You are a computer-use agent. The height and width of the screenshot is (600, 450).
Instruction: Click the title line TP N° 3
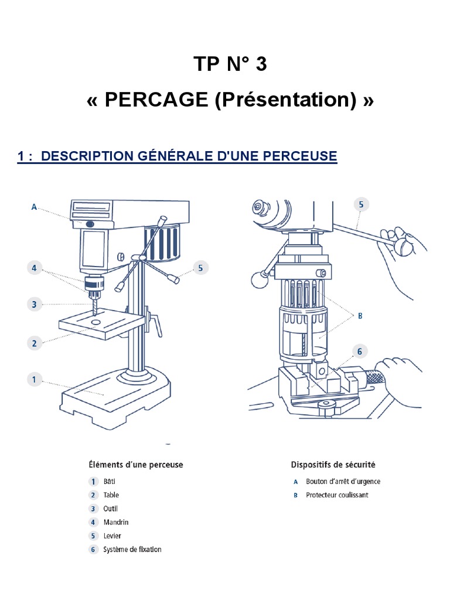[x=230, y=64]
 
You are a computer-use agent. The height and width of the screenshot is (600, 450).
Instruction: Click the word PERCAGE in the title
[x=156, y=100]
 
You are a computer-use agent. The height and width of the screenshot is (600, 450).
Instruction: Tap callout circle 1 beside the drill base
[x=35, y=380]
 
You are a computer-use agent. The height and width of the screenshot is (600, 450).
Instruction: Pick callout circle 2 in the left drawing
[x=35, y=343]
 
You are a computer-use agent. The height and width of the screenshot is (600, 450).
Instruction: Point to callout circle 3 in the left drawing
[x=35, y=304]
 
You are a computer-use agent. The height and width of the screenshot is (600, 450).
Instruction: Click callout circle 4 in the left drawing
[x=35, y=268]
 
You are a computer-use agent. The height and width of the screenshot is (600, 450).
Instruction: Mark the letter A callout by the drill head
[x=34, y=207]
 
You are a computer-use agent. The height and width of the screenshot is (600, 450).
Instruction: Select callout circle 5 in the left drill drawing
[x=200, y=268]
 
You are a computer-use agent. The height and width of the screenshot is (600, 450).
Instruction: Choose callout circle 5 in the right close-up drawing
[x=361, y=204]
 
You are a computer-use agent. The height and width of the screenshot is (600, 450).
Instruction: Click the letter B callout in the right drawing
[x=360, y=315]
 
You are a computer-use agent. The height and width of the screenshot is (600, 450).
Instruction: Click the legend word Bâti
[x=110, y=482]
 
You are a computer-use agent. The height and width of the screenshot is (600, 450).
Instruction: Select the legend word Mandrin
[x=115, y=522]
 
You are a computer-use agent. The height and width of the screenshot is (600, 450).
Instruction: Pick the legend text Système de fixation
[x=132, y=550]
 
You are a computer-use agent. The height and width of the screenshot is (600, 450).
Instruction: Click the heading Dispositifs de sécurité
[x=333, y=465]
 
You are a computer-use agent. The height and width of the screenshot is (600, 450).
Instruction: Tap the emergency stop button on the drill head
[x=90, y=224]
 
